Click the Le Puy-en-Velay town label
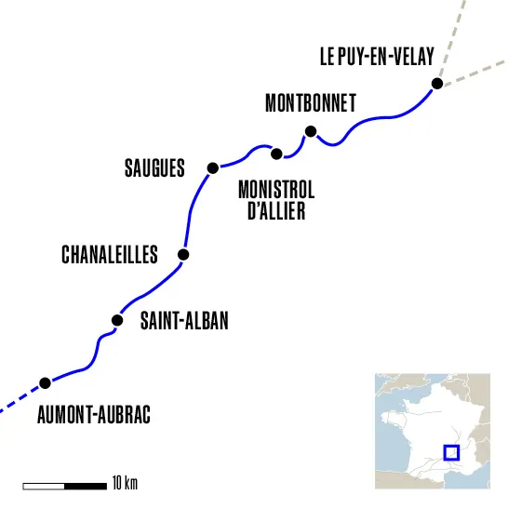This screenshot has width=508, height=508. (x=377, y=57)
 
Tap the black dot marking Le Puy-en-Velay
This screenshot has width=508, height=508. (x=436, y=85)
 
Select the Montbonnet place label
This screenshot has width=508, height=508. (x=310, y=103)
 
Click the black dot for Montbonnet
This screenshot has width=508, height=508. (x=311, y=131)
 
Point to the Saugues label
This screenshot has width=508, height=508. (x=154, y=168)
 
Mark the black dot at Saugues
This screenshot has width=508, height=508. (x=213, y=167)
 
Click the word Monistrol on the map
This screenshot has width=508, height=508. (x=276, y=190)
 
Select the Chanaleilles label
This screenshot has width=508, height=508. (x=109, y=255)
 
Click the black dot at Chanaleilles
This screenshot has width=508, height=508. (x=183, y=254)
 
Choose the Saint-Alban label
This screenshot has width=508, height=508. (x=183, y=321)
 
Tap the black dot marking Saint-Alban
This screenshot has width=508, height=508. (x=117, y=320)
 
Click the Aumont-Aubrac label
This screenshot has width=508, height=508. (x=93, y=415)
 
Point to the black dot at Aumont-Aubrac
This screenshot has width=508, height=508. (x=45, y=382)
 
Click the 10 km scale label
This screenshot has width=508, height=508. (x=125, y=484)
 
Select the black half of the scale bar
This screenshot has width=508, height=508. (x=85, y=485)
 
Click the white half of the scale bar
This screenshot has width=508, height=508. (x=44, y=485)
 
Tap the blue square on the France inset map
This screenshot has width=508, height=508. (x=451, y=453)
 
